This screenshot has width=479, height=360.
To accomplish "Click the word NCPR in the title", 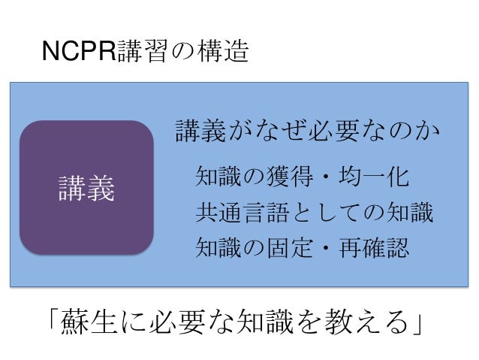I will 78,53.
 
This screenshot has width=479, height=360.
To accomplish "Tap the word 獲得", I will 293,177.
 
